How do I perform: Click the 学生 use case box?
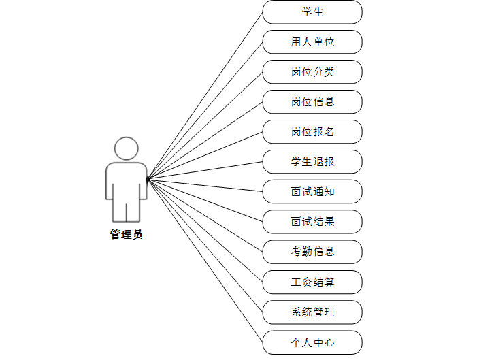pos(312,12)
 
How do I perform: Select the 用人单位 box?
pos(312,42)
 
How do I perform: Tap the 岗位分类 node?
pos(312,72)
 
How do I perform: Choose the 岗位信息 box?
pos(312,102)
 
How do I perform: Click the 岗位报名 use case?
pos(312,132)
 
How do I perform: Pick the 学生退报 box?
pos(312,162)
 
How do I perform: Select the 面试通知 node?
pos(312,192)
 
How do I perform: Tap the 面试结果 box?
pos(312,222)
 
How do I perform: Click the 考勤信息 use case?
pos(312,252)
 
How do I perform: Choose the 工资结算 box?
pos(312,282)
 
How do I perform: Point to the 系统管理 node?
pos(312,312)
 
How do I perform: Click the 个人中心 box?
pos(312,342)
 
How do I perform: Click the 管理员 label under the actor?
pos(127,235)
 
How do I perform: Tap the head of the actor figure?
pos(127,148)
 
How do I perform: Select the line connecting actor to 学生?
pos(205,96)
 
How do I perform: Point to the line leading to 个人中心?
pos(205,260)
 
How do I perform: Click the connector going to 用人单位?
pos(205,111)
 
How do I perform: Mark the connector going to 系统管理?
pos(205,245)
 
